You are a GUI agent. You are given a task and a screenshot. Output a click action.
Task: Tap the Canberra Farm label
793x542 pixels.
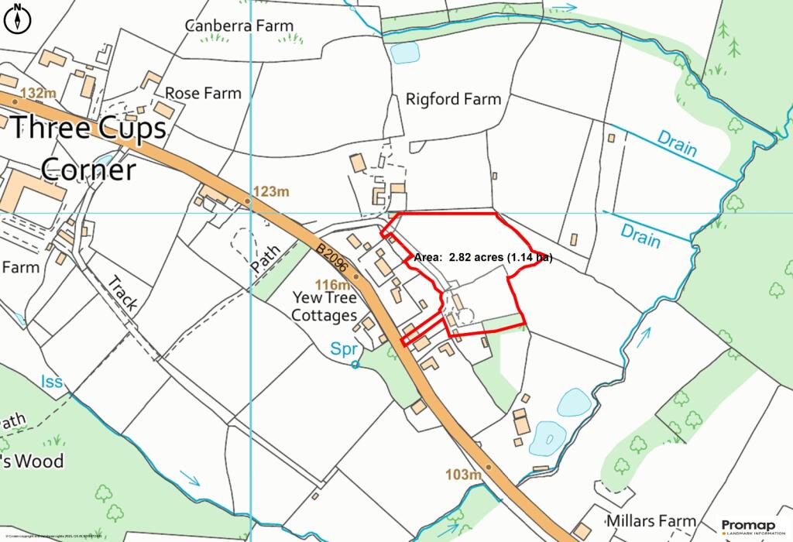(x=239, y=26)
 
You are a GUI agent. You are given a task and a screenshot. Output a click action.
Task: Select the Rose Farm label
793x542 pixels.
(x=204, y=93)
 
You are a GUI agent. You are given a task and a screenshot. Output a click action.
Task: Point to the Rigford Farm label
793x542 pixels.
(x=453, y=99)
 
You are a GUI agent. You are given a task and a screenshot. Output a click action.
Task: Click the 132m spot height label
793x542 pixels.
(x=39, y=94)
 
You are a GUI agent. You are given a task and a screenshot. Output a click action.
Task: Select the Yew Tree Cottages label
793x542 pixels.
(x=324, y=307)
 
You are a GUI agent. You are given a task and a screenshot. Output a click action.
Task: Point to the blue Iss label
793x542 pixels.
(x=51, y=382)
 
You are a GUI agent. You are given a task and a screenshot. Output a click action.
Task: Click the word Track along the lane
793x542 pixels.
(x=122, y=293)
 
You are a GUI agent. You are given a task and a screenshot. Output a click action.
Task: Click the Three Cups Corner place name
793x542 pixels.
(x=88, y=147)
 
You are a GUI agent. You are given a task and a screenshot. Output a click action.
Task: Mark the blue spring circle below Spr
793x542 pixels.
(x=355, y=364)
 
